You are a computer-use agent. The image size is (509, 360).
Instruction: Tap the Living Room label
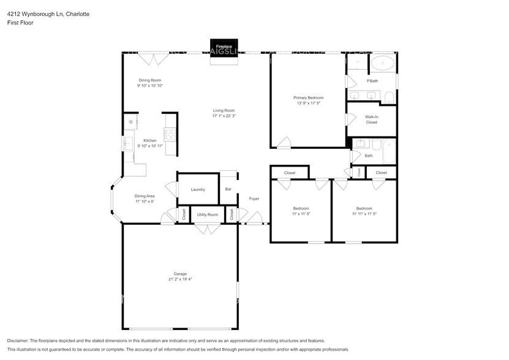pyautogui.click(x=224, y=110)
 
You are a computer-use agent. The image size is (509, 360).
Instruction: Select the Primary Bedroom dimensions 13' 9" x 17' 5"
pyautogui.click(x=308, y=103)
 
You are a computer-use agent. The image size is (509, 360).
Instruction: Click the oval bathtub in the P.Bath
pyautogui.click(x=383, y=62)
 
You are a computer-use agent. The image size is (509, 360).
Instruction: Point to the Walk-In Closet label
pyautogui.click(x=371, y=119)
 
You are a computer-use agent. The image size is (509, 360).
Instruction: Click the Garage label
pyautogui.click(x=180, y=274)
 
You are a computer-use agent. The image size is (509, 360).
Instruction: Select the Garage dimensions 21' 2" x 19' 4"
pyautogui.click(x=180, y=279)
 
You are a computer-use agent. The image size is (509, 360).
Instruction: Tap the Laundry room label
pyautogui.click(x=198, y=190)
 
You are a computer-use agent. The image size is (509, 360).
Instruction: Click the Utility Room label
pyautogui.click(x=208, y=214)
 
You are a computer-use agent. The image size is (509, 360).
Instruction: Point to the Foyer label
pyautogui.click(x=254, y=198)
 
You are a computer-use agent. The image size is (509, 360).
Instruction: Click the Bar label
pyautogui.click(x=228, y=189)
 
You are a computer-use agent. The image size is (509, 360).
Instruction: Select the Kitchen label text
pyautogui.click(x=150, y=141)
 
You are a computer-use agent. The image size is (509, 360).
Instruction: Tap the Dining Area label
pyautogui.click(x=145, y=196)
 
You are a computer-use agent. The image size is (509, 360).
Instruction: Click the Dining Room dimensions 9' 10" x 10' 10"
pyautogui.click(x=149, y=86)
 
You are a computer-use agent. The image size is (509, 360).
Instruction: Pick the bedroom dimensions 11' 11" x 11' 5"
pyautogui.click(x=364, y=214)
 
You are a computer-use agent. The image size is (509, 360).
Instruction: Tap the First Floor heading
pyautogui.click(x=21, y=23)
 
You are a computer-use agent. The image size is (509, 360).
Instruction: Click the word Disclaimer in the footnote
pyautogui.click(x=19, y=340)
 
